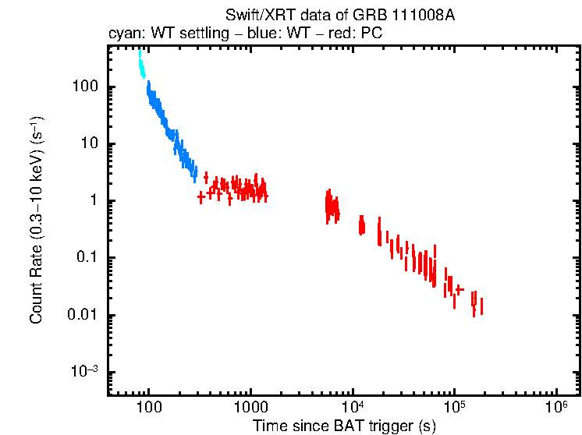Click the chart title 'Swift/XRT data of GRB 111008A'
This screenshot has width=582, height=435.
click(x=339, y=16)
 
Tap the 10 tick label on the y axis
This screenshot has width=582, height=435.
click(x=88, y=143)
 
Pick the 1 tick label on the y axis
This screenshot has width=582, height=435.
click(x=92, y=201)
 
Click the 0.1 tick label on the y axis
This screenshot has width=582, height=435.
click(x=87, y=258)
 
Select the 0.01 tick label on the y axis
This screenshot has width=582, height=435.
click(x=83, y=315)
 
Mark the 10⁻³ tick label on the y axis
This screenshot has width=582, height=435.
click(x=84, y=372)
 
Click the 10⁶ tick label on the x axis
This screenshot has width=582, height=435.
click(x=556, y=406)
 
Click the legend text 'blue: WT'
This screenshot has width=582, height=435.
click(x=263, y=34)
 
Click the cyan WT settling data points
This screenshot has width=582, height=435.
click(x=141, y=65)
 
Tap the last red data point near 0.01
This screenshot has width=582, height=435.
click(x=481, y=306)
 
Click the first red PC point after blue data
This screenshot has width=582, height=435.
click(x=201, y=196)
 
